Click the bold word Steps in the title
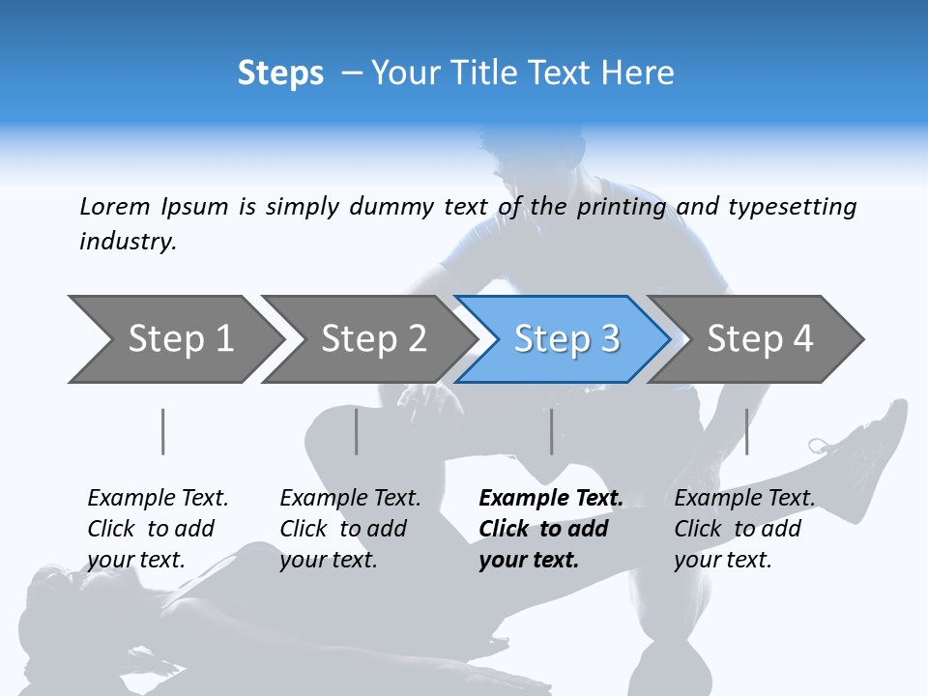(x=280, y=73)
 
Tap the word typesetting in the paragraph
(x=792, y=206)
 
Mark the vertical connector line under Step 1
(x=163, y=431)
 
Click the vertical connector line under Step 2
(x=357, y=431)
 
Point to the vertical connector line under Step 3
(x=552, y=431)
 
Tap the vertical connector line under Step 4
(x=746, y=431)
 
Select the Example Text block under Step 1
(x=158, y=529)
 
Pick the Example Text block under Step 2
(x=350, y=529)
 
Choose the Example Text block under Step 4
(x=744, y=529)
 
